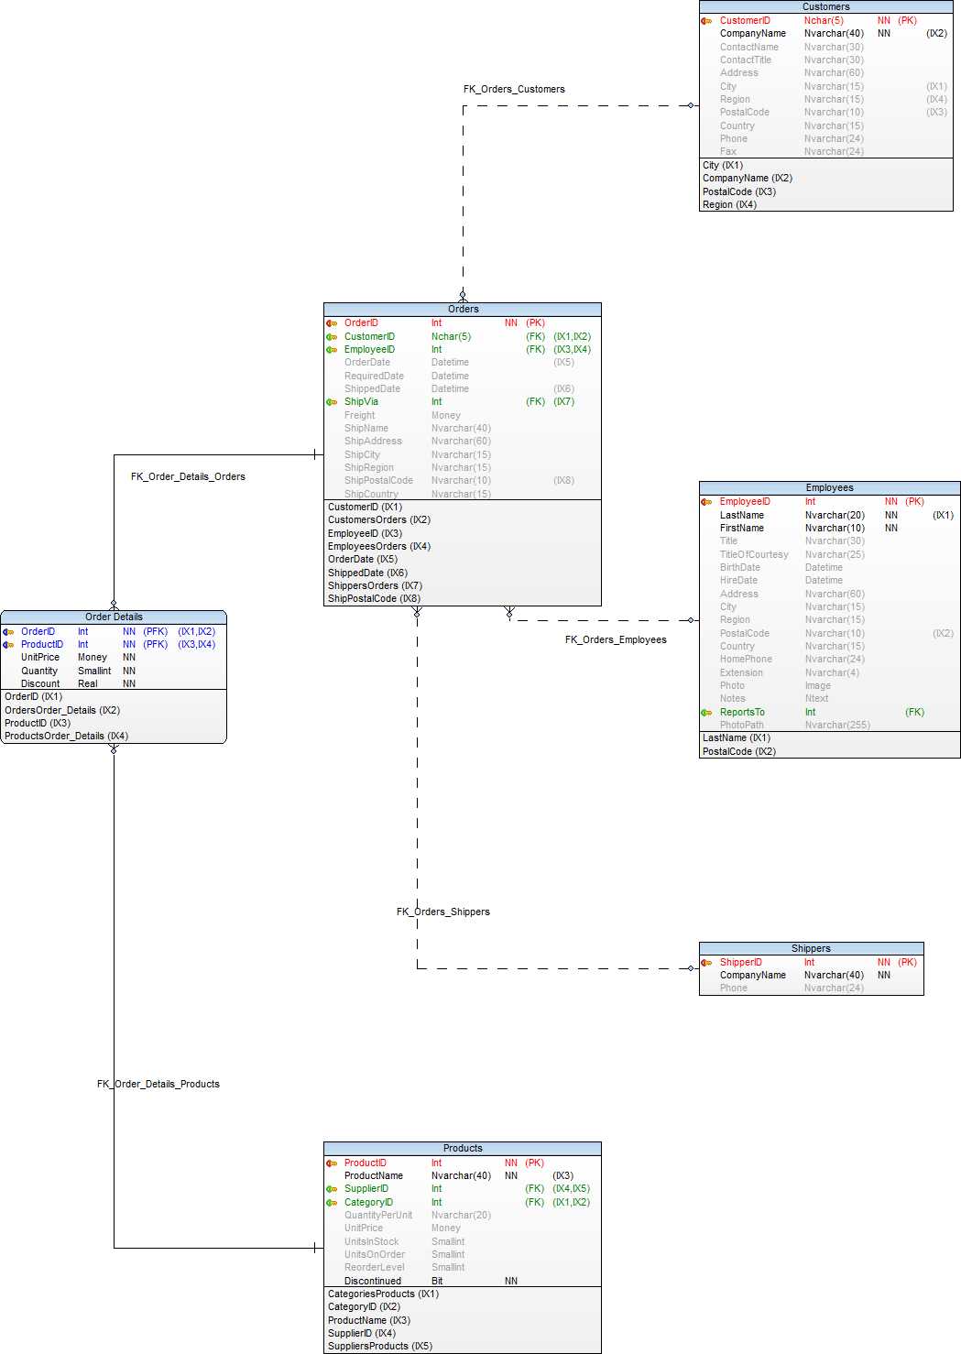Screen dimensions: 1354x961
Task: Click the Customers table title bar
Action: (825, 6)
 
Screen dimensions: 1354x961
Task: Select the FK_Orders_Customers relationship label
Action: (514, 89)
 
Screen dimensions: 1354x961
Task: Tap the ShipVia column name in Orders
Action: (361, 401)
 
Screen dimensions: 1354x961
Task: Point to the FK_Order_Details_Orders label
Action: (188, 476)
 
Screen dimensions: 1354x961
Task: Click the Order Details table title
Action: (114, 617)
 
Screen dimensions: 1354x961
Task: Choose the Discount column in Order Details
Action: (40, 683)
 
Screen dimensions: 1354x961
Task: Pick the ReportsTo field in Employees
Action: (742, 712)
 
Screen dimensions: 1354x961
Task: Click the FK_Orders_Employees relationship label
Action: (616, 639)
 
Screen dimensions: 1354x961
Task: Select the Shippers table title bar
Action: (811, 948)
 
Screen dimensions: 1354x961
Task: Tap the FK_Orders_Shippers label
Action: (443, 912)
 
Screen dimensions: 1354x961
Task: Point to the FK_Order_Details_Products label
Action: (158, 1084)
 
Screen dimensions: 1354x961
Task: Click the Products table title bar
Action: (463, 1148)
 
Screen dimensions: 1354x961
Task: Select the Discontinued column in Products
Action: (373, 1281)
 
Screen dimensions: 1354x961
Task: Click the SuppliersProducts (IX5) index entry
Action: (380, 1346)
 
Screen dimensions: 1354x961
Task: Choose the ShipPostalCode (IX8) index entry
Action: (374, 598)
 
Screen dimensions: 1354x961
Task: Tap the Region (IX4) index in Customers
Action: (729, 204)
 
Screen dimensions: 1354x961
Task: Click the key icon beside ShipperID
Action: (706, 962)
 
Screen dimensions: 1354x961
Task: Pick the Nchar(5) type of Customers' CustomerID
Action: (824, 20)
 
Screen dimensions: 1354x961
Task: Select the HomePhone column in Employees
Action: (746, 659)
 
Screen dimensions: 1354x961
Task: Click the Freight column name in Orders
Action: (360, 415)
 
